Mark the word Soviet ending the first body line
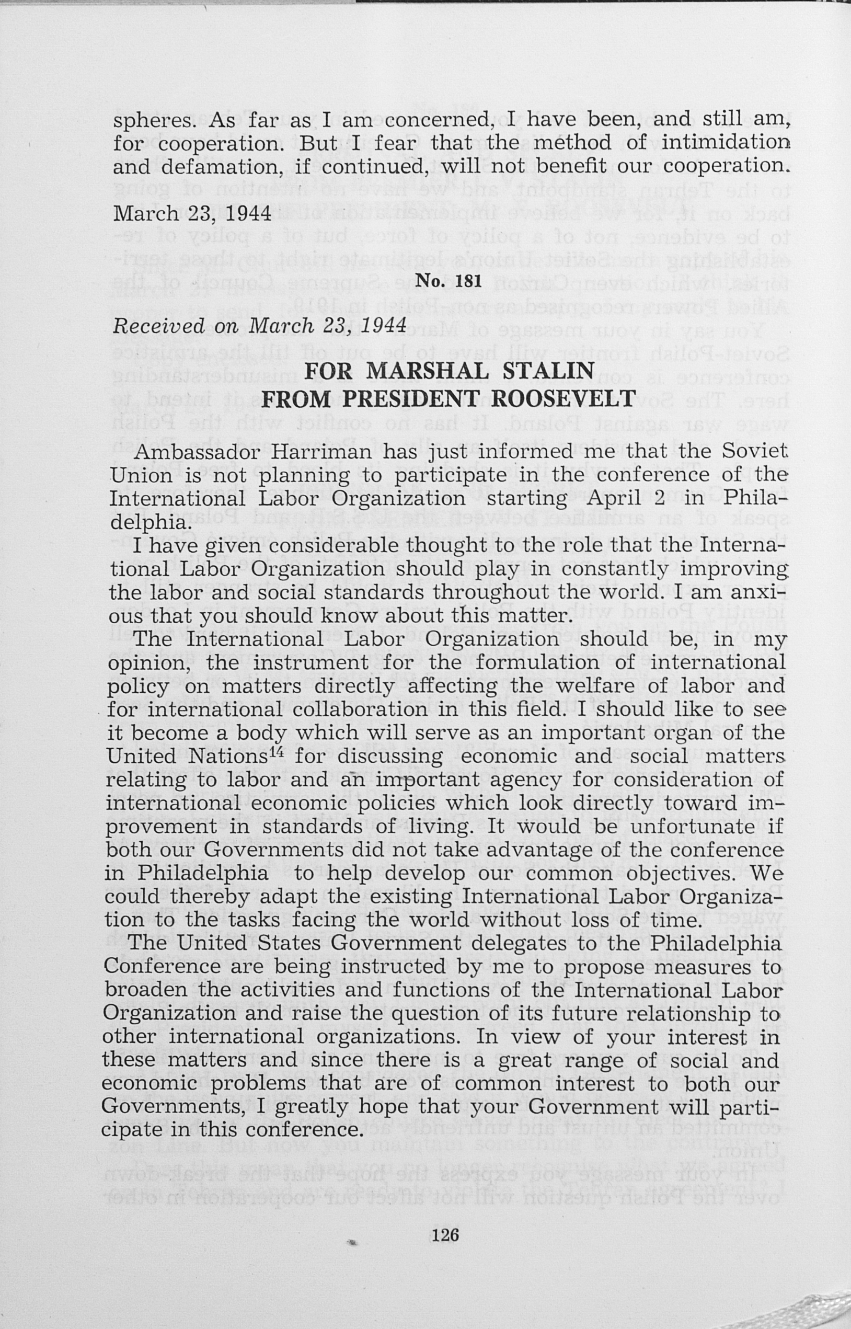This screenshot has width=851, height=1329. (754, 452)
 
